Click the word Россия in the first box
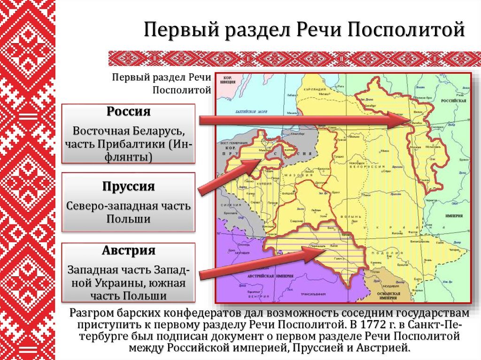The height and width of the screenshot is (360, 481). tap(128, 112)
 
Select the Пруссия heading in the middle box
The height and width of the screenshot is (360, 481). tap(128, 186)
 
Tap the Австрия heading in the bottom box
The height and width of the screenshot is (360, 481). tap(128, 250)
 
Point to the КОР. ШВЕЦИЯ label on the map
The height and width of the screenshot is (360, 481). tap(228, 79)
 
